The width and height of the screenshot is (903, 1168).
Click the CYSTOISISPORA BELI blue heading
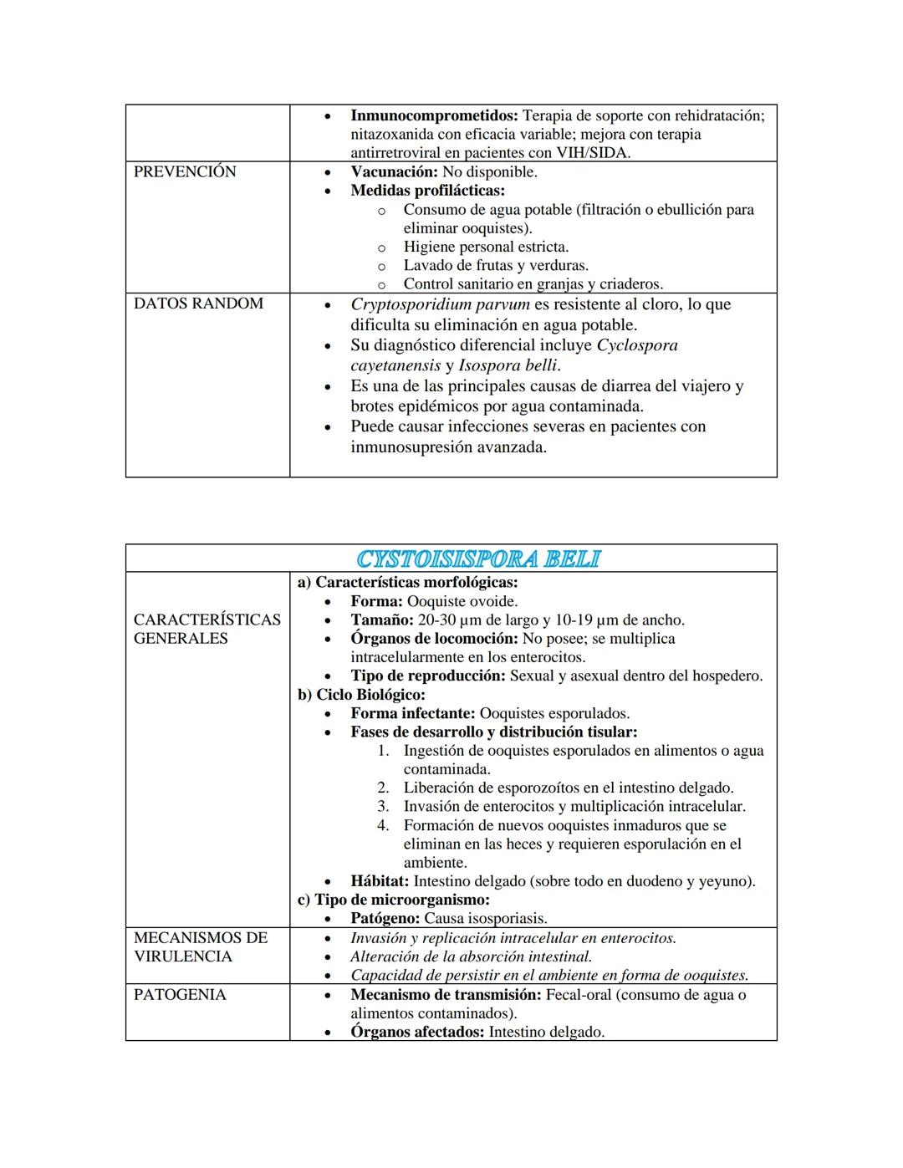[478, 558]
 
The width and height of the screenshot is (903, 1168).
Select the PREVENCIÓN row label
[185, 171]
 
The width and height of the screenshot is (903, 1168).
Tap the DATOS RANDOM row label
[198, 303]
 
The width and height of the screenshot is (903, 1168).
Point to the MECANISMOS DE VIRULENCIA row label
[201, 947]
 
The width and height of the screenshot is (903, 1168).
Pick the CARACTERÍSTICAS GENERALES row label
[207, 629]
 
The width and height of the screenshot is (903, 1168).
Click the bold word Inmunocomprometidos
[434, 115]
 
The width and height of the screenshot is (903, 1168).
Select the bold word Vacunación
[394, 171]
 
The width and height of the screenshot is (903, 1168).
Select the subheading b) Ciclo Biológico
[361, 694]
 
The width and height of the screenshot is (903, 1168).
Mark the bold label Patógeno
[385, 918]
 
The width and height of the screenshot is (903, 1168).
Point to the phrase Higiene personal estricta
[486, 247]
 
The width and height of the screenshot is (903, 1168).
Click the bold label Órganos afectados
[417, 1032]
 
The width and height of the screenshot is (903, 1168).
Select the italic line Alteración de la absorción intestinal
[471, 956]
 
